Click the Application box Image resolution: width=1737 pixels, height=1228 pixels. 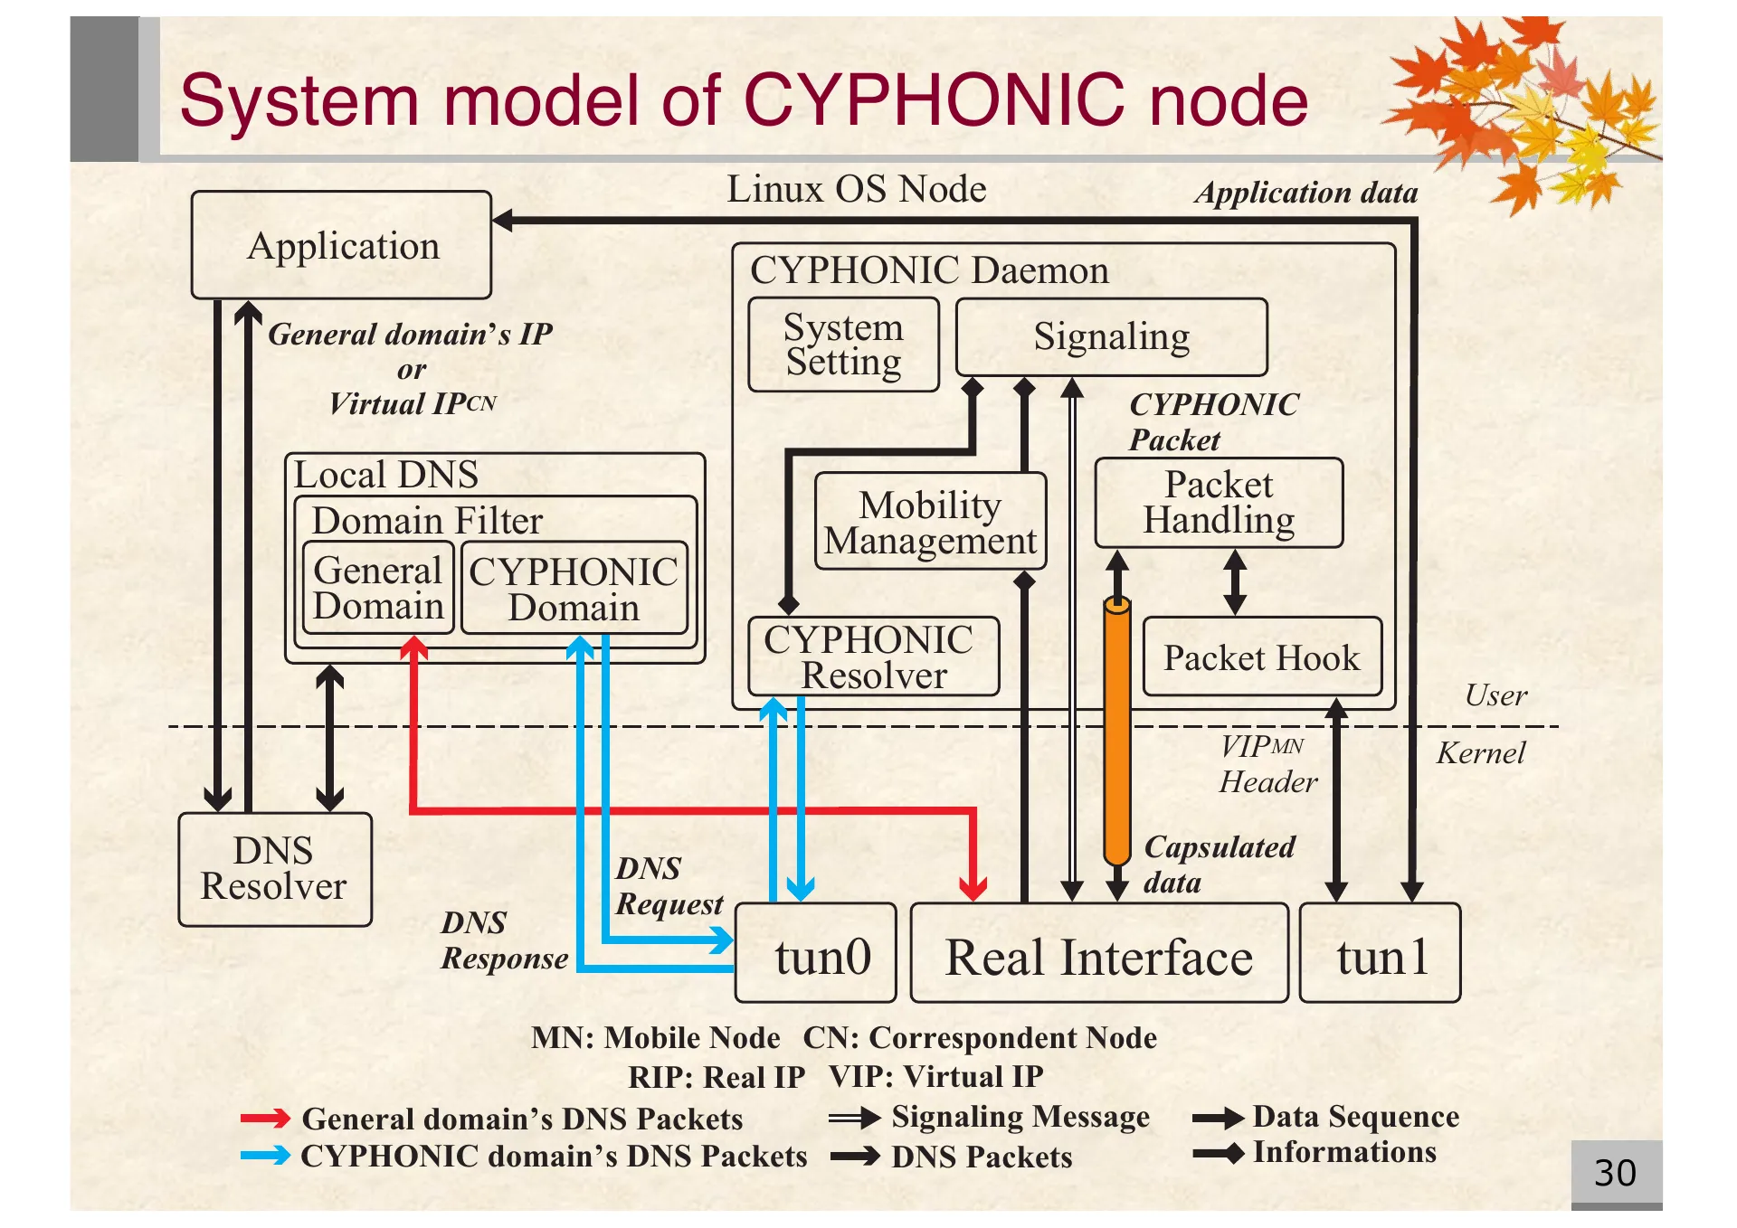(341, 245)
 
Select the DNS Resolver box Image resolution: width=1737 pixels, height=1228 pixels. (275, 869)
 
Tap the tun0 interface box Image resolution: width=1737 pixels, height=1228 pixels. (816, 954)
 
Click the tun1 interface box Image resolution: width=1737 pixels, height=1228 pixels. (1380, 954)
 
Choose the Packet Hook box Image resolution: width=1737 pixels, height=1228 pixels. (1262, 657)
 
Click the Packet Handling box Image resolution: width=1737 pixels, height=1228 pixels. (1219, 503)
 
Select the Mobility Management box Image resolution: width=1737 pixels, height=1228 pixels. (930, 522)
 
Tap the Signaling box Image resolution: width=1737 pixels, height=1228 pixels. (1111, 336)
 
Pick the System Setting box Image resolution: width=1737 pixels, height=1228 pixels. (843, 345)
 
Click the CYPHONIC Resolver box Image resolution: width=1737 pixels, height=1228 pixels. (873, 657)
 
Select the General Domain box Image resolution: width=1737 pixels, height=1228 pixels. (378, 588)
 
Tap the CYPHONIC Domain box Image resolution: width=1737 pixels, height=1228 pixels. (574, 589)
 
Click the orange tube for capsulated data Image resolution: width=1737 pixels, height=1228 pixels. (1117, 732)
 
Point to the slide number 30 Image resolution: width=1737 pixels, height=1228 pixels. (1615, 1173)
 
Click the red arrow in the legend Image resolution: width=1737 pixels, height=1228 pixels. (265, 1119)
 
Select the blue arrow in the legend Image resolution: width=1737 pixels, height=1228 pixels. (265, 1156)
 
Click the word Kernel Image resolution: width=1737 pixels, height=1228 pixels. (1481, 753)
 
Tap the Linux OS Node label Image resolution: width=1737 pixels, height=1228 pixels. (856, 190)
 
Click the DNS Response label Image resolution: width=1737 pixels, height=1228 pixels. (505, 940)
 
